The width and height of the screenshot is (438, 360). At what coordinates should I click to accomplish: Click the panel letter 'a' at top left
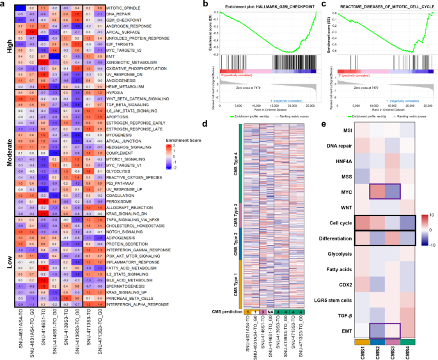tap(3, 4)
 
